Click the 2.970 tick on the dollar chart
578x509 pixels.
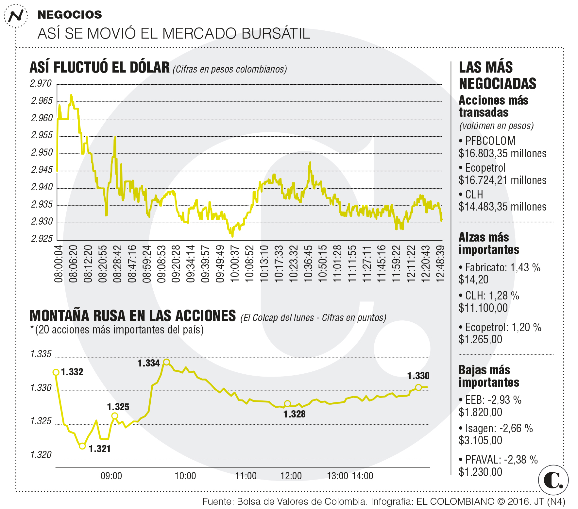[x=41, y=84]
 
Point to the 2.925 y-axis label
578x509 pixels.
[x=42, y=239]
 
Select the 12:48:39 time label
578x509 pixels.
[x=441, y=264]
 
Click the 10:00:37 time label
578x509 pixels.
[x=235, y=264]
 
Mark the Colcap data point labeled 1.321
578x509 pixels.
[x=82, y=446]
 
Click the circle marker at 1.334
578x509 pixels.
[x=166, y=362]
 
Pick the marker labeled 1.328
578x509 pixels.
[x=287, y=404]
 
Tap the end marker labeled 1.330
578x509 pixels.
[x=418, y=387]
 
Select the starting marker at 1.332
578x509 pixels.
[x=56, y=372]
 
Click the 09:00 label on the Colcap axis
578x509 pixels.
[x=111, y=476]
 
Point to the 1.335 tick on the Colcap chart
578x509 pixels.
[x=41, y=354]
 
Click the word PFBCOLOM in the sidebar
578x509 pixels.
[x=490, y=141]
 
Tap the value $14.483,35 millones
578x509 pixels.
[x=502, y=207]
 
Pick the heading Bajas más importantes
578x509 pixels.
[x=489, y=376]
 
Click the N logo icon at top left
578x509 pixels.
[x=16, y=15]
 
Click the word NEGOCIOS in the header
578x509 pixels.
[x=70, y=15]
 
